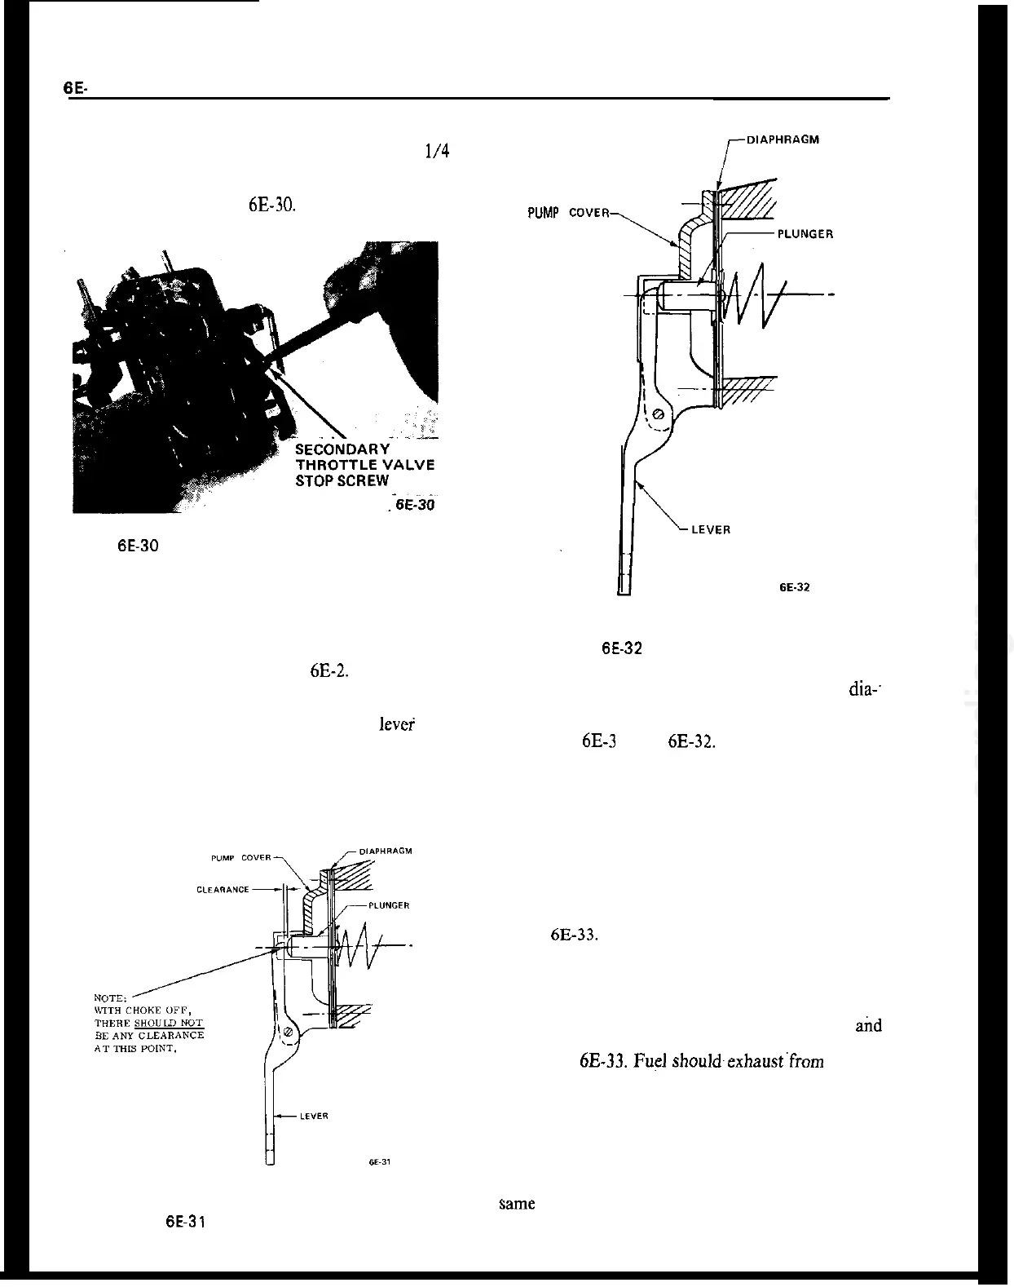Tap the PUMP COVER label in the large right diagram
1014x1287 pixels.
coord(567,214)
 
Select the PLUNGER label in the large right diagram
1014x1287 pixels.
coord(805,234)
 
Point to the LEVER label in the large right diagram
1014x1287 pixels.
coord(711,529)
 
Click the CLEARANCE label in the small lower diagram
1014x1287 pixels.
coord(223,890)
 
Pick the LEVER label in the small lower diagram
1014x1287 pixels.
coord(315,1116)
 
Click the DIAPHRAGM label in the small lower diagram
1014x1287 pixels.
coord(386,851)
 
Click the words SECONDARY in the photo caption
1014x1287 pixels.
coord(342,449)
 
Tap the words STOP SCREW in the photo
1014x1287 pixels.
coord(342,480)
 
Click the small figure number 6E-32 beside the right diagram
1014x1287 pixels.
coord(794,587)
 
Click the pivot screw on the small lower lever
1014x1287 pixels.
coord(287,1033)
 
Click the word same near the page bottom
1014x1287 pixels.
coord(517,1204)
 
